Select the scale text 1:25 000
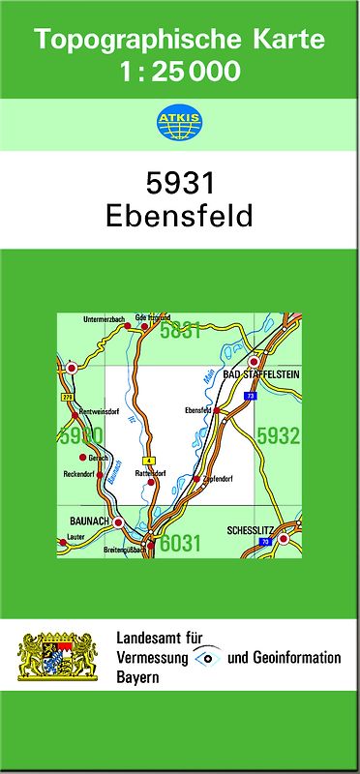tap(179, 71)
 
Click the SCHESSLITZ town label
tap(250, 530)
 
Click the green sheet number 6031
tap(181, 544)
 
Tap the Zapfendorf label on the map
tap(221, 479)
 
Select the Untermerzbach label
tap(104, 318)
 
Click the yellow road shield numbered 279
tap(67, 397)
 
